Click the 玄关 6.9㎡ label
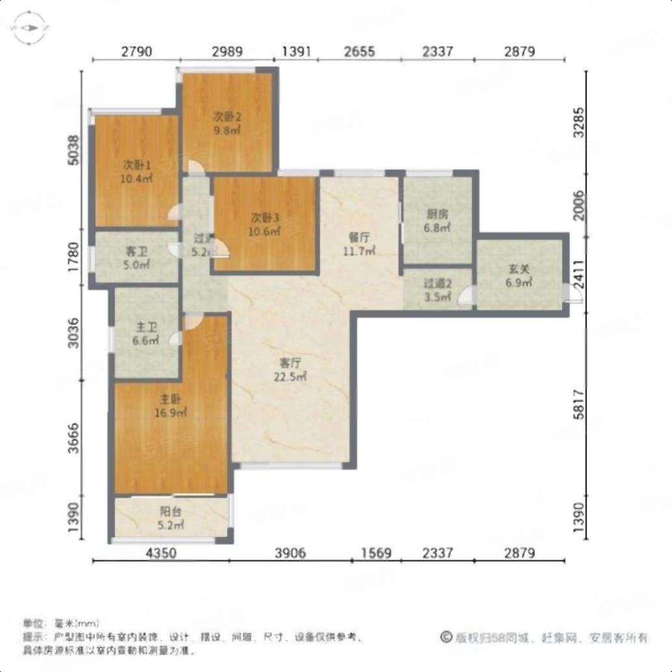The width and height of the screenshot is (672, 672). (519, 276)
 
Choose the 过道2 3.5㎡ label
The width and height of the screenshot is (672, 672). (437, 289)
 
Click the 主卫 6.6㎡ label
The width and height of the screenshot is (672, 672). (146, 333)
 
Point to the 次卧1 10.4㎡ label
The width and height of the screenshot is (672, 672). (137, 171)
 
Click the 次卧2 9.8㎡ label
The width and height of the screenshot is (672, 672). (227, 123)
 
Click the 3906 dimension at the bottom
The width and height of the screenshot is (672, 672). (289, 553)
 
